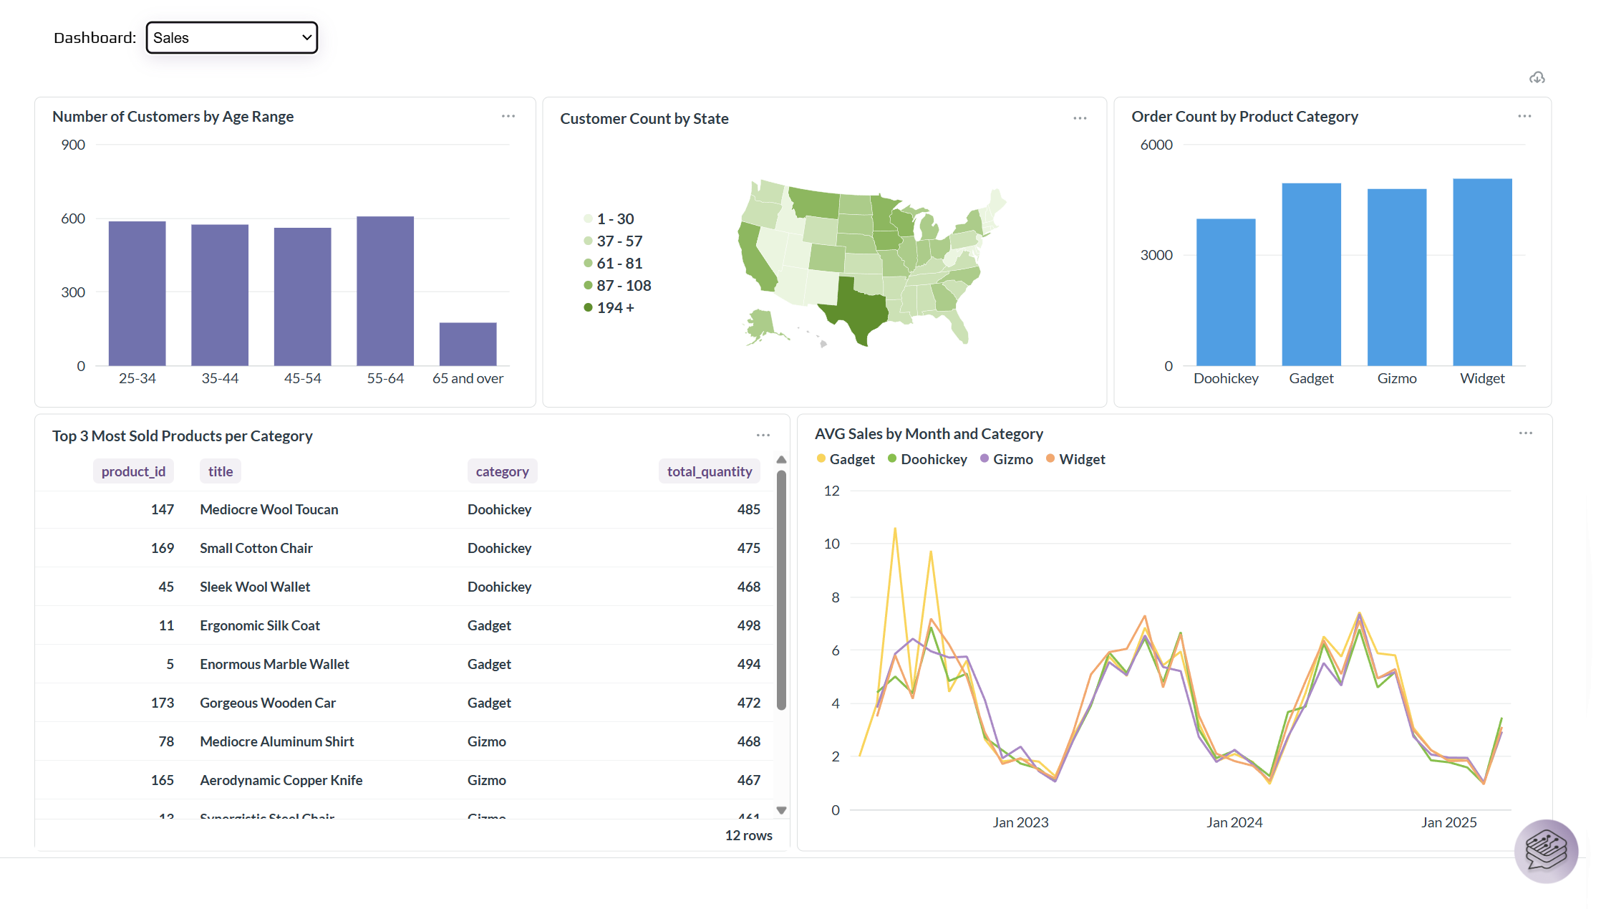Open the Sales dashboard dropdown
(x=231, y=37)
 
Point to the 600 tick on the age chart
(x=73, y=218)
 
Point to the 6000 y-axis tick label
(x=1156, y=145)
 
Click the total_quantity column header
(x=709, y=471)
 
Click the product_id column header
(x=133, y=471)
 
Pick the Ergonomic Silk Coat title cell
(x=260, y=625)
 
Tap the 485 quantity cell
(x=748, y=509)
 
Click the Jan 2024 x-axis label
(x=1234, y=822)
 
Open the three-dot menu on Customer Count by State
(x=1080, y=118)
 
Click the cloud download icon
(x=1537, y=77)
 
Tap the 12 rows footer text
(x=748, y=835)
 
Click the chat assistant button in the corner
(x=1546, y=851)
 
